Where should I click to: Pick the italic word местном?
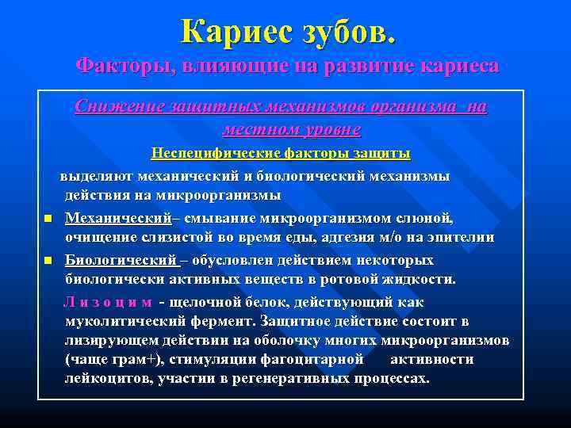tap(263, 128)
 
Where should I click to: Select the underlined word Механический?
tap(118, 217)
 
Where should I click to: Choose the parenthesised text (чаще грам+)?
tap(115, 359)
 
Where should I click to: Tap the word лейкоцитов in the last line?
tap(103, 379)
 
